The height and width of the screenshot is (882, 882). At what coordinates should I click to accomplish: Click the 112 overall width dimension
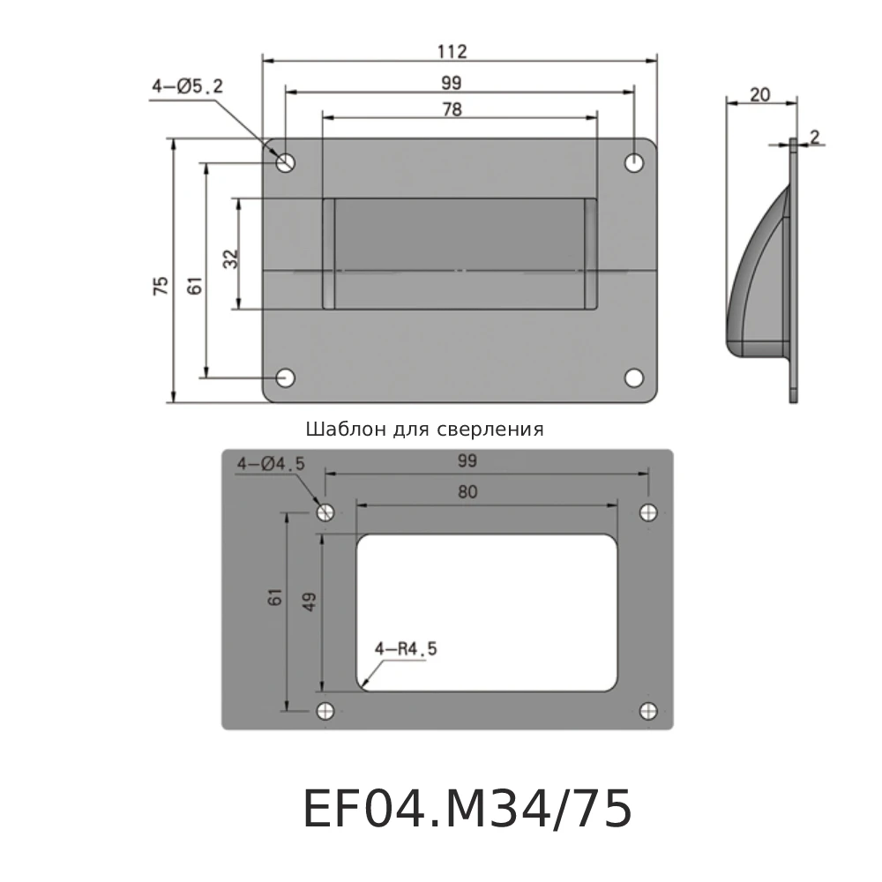coord(452,51)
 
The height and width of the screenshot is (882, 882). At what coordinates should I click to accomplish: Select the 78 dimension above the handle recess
coord(452,109)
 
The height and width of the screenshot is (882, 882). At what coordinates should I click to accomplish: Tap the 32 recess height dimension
coord(230,258)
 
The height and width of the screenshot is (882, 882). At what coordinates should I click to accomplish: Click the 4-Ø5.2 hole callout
coord(188,86)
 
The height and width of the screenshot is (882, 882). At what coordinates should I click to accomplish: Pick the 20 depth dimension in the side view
coord(759,94)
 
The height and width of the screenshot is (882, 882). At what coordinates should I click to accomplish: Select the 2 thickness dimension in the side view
coord(815,136)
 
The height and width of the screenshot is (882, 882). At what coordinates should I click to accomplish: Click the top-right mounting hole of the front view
coord(635,162)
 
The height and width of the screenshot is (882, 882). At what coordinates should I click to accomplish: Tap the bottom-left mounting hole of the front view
coord(286,377)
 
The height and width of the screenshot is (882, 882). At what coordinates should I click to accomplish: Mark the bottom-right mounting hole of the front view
coord(634,377)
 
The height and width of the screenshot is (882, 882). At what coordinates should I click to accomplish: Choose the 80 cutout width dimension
coord(467,492)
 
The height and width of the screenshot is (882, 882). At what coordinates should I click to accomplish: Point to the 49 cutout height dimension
coord(309,602)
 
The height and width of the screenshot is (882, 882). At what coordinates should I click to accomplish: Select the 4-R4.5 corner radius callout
coord(406,649)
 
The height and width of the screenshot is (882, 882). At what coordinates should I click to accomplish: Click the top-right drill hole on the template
coord(649,512)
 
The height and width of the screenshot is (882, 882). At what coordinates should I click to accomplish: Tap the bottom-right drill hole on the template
coord(649,711)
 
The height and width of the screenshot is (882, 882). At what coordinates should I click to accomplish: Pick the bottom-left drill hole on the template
coord(325,711)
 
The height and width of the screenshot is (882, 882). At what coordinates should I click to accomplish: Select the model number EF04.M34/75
coord(467,810)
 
